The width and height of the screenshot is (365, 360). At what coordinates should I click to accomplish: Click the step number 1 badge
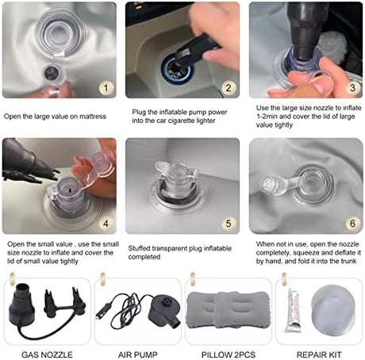point(106,88)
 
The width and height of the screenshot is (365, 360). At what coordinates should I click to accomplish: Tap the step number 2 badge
point(229,88)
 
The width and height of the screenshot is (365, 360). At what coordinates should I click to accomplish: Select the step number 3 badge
point(352,88)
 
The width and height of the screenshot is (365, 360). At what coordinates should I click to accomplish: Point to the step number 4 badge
point(106,224)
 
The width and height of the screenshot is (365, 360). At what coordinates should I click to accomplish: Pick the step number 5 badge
point(229,224)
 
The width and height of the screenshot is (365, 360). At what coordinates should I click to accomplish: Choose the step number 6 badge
point(352,224)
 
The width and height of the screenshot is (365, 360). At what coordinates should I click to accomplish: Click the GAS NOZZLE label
point(47,354)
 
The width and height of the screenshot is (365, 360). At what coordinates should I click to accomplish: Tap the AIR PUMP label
point(138,354)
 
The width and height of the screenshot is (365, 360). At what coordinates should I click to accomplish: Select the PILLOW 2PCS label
point(229,354)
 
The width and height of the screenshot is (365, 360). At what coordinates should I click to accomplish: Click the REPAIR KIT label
point(319,354)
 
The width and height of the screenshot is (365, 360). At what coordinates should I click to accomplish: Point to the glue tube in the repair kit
point(293,310)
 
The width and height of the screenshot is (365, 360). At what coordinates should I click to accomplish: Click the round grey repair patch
point(333,310)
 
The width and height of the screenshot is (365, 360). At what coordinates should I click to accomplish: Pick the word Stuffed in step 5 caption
point(139,248)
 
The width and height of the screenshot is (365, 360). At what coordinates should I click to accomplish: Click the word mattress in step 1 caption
point(93,117)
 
